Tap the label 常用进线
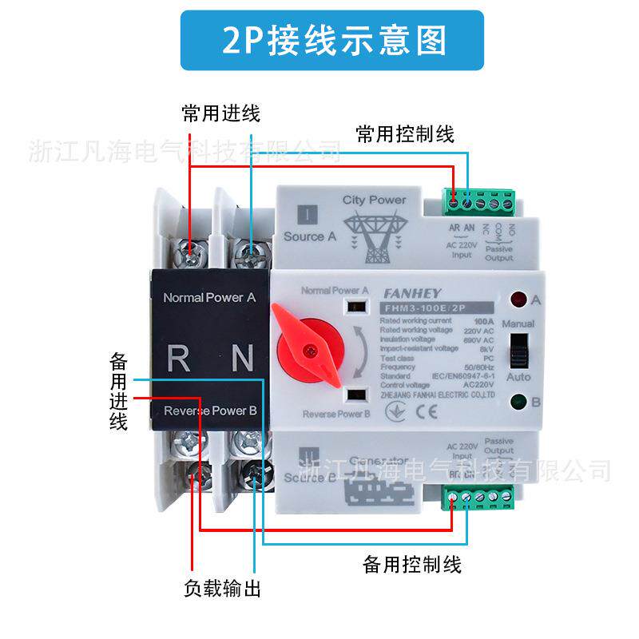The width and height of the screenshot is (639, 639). point(221,113)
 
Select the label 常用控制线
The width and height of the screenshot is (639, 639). point(405,134)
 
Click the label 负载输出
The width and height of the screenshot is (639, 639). point(222,590)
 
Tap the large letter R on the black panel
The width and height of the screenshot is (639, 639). point(179,358)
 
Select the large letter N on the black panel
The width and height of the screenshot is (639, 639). point(241,358)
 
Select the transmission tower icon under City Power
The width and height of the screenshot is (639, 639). point(374,235)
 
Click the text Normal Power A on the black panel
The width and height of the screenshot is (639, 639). point(209,297)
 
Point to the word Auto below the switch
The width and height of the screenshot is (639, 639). point(518,376)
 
